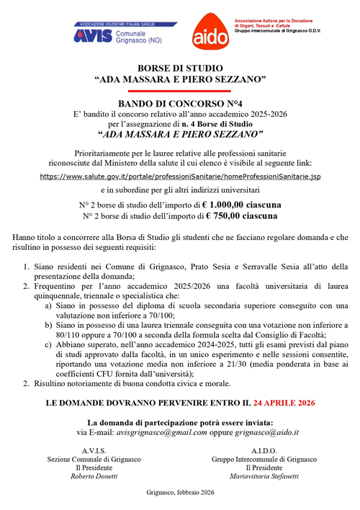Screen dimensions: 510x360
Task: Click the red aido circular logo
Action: point(209,32)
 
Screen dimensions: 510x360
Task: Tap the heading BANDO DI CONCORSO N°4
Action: point(180,104)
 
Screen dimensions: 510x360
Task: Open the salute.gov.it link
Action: point(180,175)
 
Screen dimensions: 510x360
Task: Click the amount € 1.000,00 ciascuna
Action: point(242,205)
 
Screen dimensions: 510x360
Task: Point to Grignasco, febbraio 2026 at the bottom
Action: point(180,493)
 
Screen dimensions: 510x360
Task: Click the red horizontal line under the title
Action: point(180,91)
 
